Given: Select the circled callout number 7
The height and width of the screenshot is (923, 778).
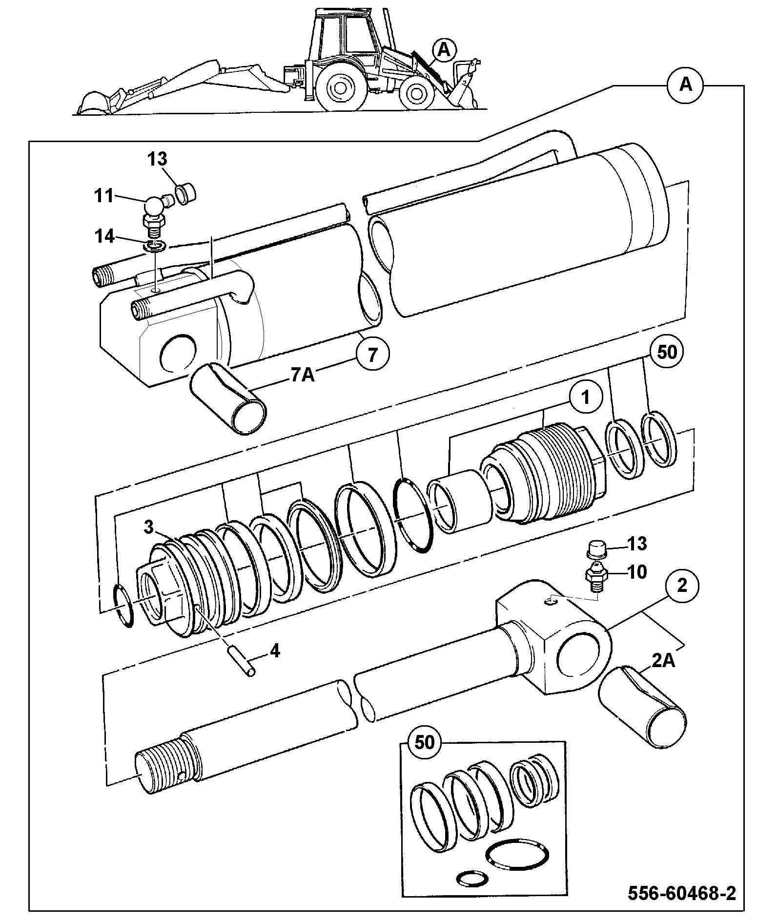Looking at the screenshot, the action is click(x=372, y=354).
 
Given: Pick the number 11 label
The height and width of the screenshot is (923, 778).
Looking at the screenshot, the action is click(x=103, y=197).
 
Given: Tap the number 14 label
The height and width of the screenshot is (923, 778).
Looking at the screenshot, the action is click(x=104, y=237).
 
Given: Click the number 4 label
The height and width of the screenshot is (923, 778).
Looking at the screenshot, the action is click(x=275, y=650).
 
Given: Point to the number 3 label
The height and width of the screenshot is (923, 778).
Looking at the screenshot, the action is click(x=149, y=527).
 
